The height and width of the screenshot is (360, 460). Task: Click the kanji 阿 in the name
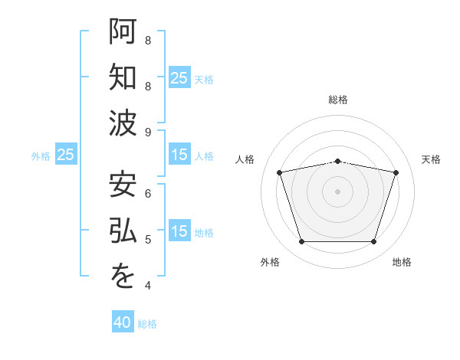point(123,31)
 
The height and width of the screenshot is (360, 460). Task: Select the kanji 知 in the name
point(123,77)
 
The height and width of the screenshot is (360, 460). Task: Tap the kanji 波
point(123,123)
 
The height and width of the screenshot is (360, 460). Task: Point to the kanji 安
point(123,184)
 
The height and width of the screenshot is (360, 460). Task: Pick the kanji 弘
point(123,230)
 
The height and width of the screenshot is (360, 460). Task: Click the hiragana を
point(123,276)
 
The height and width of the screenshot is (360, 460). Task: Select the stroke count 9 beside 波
point(148,133)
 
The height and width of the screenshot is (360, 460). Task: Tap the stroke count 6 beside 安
point(148,194)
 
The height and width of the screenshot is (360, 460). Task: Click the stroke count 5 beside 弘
point(148,240)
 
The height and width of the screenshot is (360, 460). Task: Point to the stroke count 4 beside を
point(148,286)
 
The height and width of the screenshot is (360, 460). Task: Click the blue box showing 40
point(123,321)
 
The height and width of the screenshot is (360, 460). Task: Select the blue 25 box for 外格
point(66,154)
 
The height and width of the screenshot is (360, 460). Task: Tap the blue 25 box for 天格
point(179,77)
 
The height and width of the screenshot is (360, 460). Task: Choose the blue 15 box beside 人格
point(179,154)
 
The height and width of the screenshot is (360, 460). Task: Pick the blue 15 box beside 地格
point(179,230)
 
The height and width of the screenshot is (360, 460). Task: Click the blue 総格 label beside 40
point(147,324)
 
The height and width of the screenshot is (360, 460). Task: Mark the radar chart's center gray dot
point(337,191)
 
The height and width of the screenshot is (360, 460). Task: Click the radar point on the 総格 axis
point(337,162)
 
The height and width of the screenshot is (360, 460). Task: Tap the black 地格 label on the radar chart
point(402,262)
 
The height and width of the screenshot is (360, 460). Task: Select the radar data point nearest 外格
point(301,241)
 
